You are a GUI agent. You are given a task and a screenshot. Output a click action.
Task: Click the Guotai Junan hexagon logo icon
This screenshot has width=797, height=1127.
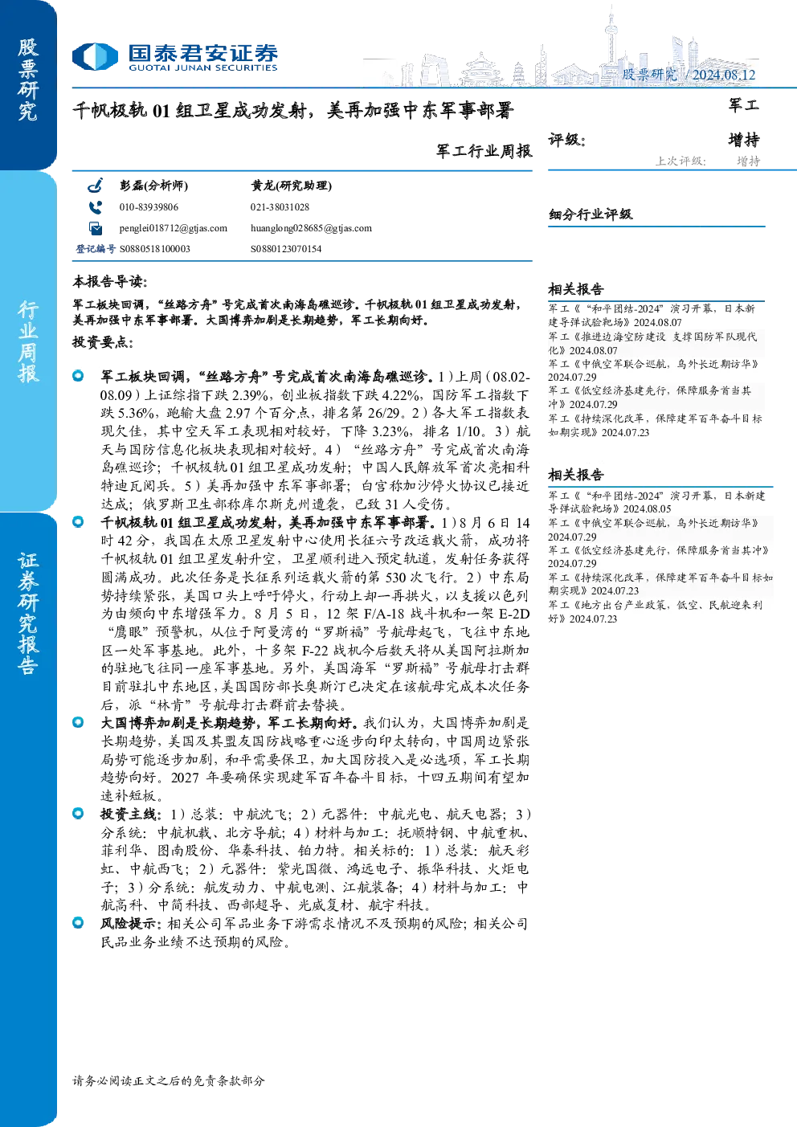(x=95, y=56)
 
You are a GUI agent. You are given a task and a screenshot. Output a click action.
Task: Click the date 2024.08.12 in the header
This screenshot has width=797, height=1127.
(x=724, y=75)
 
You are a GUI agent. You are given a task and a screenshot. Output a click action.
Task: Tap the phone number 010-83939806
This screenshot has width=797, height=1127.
(x=149, y=207)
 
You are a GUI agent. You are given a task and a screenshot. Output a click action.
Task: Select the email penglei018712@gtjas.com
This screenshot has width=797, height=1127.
(x=173, y=228)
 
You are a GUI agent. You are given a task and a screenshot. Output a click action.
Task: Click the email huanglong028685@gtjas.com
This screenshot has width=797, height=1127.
(x=311, y=228)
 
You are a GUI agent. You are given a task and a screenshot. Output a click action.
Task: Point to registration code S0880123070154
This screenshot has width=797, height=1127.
(x=286, y=248)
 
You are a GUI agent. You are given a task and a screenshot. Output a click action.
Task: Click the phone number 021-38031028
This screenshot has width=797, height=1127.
(x=280, y=207)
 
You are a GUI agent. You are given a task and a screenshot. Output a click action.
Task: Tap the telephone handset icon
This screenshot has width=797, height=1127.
(x=95, y=207)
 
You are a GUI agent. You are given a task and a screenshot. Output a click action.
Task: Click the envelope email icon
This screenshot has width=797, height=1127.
(x=96, y=228)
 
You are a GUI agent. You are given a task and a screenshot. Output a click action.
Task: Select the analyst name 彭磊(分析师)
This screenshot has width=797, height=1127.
(x=153, y=186)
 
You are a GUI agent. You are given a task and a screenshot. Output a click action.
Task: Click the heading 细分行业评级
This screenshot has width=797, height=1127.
(x=591, y=214)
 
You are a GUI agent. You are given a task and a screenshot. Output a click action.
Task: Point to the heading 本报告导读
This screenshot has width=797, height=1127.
(x=110, y=282)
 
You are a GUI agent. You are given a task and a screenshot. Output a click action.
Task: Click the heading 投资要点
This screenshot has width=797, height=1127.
(x=103, y=343)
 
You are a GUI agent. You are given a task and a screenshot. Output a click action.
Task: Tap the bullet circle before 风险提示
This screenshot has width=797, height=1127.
(x=78, y=922)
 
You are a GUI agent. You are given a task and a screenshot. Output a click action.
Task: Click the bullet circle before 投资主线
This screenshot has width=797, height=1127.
(x=78, y=813)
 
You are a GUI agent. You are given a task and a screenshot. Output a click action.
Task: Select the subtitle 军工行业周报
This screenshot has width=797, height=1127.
(x=484, y=151)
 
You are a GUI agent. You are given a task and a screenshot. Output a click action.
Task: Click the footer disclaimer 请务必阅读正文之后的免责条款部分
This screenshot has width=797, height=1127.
(x=169, y=1080)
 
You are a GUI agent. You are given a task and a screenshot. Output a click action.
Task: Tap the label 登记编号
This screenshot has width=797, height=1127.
(x=96, y=248)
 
